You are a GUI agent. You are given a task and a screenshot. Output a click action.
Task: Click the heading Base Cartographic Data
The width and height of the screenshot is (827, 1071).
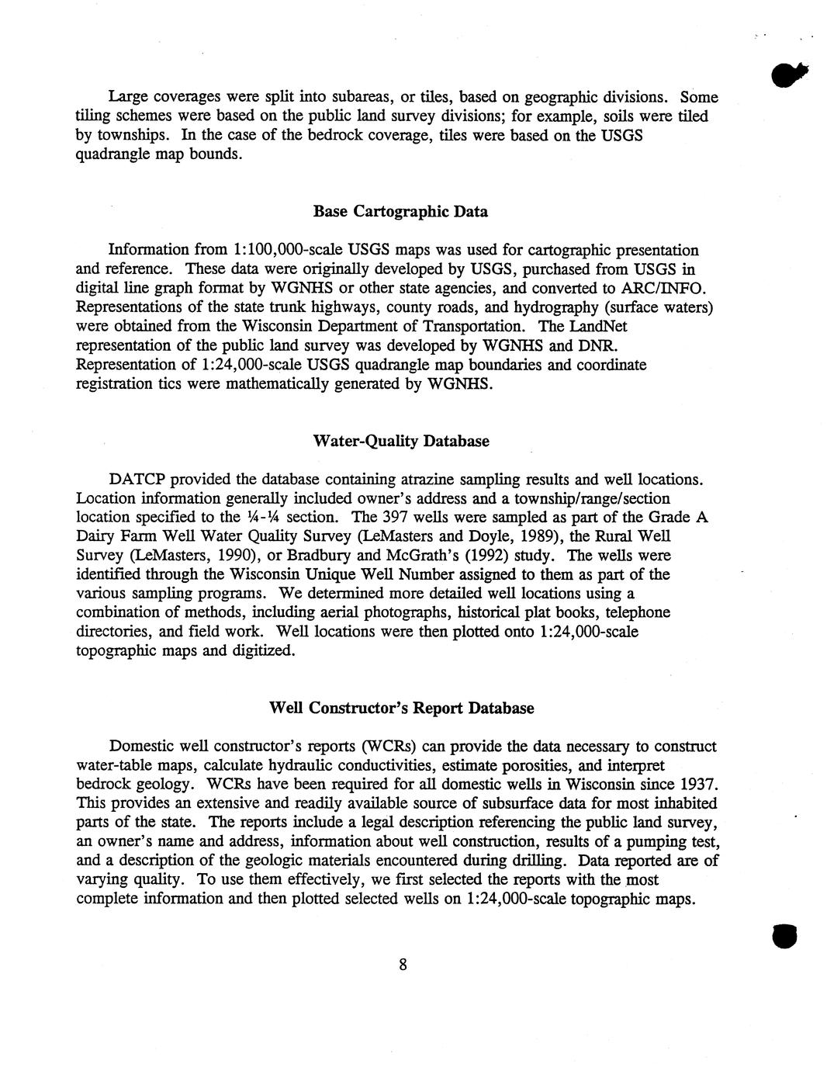point(400,212)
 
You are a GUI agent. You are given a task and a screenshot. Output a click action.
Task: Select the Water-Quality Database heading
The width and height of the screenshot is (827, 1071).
point(400,442)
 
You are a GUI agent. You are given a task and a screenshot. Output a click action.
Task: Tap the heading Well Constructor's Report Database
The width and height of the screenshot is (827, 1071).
point(401,709)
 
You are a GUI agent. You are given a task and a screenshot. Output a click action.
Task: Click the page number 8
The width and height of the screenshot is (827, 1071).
point(403,965)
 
